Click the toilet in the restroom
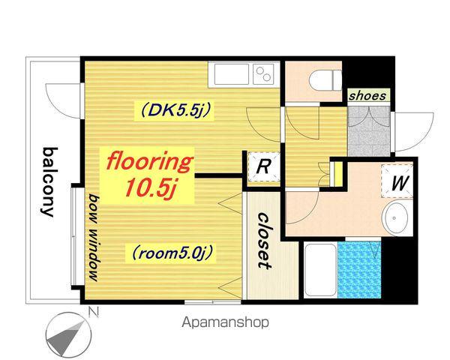click(325, 80)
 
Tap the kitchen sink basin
click(231, 73)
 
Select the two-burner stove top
click(263, 73)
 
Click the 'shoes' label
click(367, 95)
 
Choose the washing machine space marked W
click(397, 181)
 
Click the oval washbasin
click(396, 218)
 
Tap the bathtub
click(320, 270)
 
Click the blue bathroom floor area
click(359, 270)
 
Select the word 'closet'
click(263, 241)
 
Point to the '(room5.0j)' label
click(172, 253)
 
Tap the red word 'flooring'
click(149, 162)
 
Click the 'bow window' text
click(94, 237)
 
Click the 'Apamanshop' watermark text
click(225, 322)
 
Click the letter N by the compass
click(94, 312)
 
